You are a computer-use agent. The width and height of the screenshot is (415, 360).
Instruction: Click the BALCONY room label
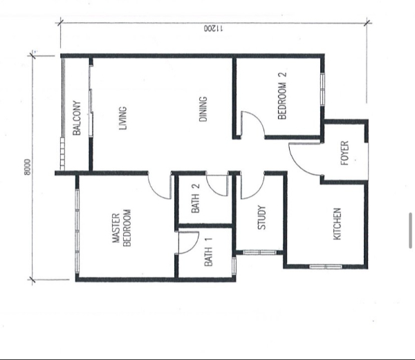click(77, 118)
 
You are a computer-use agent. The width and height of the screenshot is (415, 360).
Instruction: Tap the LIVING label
click(123, 118)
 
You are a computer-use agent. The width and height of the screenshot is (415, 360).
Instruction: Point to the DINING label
click(203, 109)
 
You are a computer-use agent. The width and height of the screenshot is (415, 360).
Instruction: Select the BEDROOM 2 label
click(282, 96)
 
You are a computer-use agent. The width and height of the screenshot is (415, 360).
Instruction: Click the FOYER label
click(344, 153)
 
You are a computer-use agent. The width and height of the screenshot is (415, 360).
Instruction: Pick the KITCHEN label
click(337, 224)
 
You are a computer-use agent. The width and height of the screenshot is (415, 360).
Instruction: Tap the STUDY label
click(261, 218)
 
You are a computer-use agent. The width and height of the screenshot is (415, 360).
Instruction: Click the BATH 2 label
click(196, 198)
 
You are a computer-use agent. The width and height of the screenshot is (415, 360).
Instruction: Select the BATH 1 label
click(208, 252)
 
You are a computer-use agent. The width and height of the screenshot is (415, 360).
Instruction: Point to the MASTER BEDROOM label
click(122, 228)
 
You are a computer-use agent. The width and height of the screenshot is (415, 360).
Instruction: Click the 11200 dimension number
click(213, 28)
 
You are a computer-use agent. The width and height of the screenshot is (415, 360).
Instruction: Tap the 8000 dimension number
click(27, 167)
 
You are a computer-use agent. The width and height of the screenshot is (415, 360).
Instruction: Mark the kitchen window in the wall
click(326, 267)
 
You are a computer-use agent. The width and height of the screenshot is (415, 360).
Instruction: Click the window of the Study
click(259, 252)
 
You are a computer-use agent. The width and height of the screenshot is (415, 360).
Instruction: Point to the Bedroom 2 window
click(322, 90)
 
